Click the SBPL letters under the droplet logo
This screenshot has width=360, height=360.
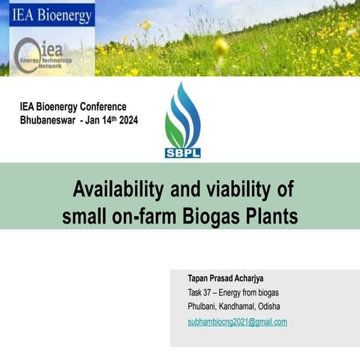(x=183, y=152)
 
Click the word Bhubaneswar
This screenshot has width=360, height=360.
(x=48, y=120)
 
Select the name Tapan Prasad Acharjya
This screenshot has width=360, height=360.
(x=225, y=277)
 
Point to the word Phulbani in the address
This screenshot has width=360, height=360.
(x=203, y=307)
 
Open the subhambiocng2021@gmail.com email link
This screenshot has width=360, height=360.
(x=237, y=322)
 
